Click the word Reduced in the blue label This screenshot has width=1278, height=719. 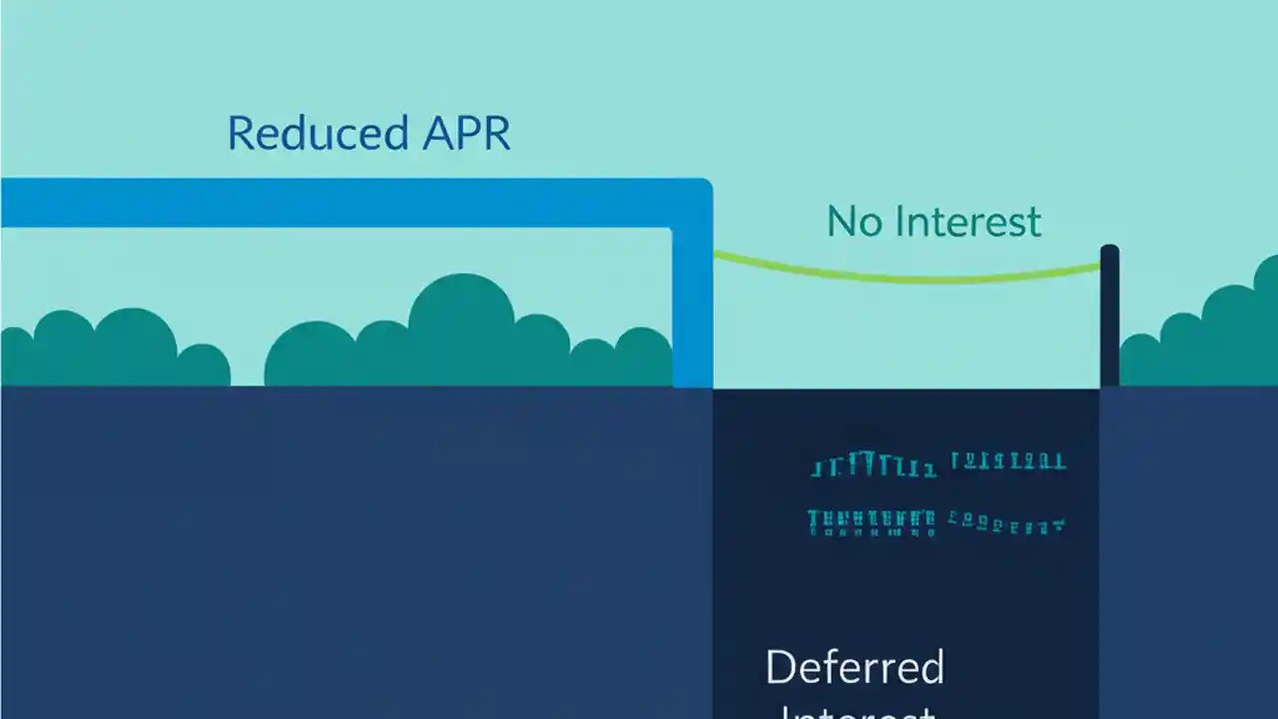303,133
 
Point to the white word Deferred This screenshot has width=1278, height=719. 855,667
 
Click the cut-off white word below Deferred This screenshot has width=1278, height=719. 855,711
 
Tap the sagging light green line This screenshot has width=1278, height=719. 909,277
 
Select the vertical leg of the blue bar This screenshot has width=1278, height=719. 692,310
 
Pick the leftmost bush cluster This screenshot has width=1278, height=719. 110,350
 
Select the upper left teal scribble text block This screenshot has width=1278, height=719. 874,465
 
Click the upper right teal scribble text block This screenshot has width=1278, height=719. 1008,461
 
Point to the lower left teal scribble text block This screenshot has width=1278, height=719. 872,522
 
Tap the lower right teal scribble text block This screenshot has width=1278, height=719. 1006,521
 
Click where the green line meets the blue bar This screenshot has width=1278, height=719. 715,255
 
